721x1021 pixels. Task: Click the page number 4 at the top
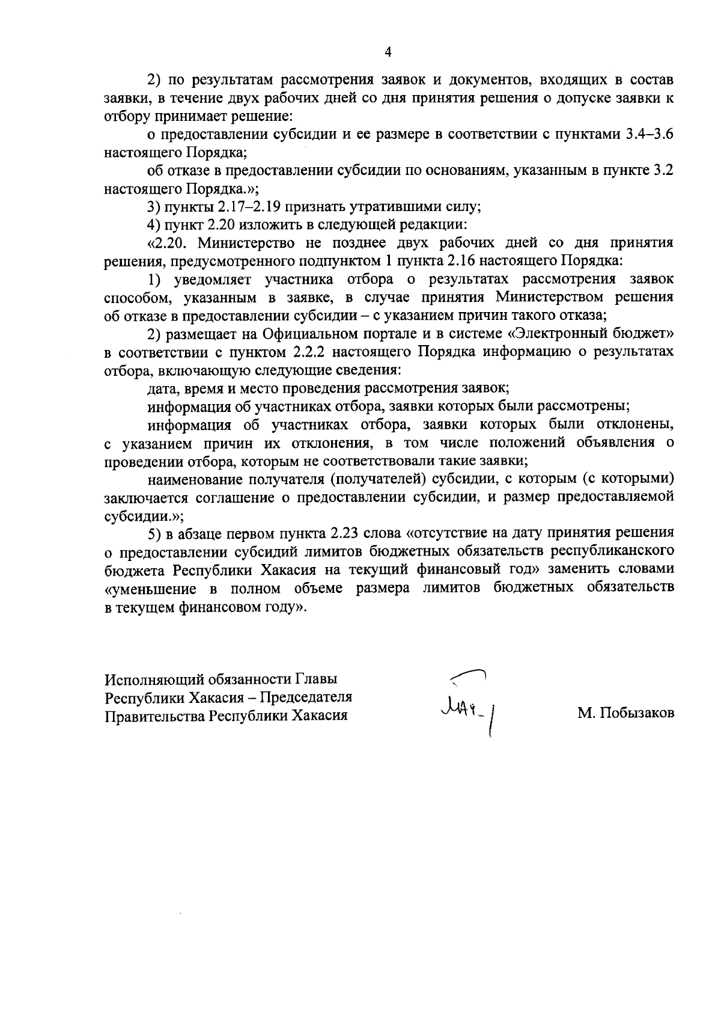388,53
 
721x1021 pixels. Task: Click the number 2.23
345,533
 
